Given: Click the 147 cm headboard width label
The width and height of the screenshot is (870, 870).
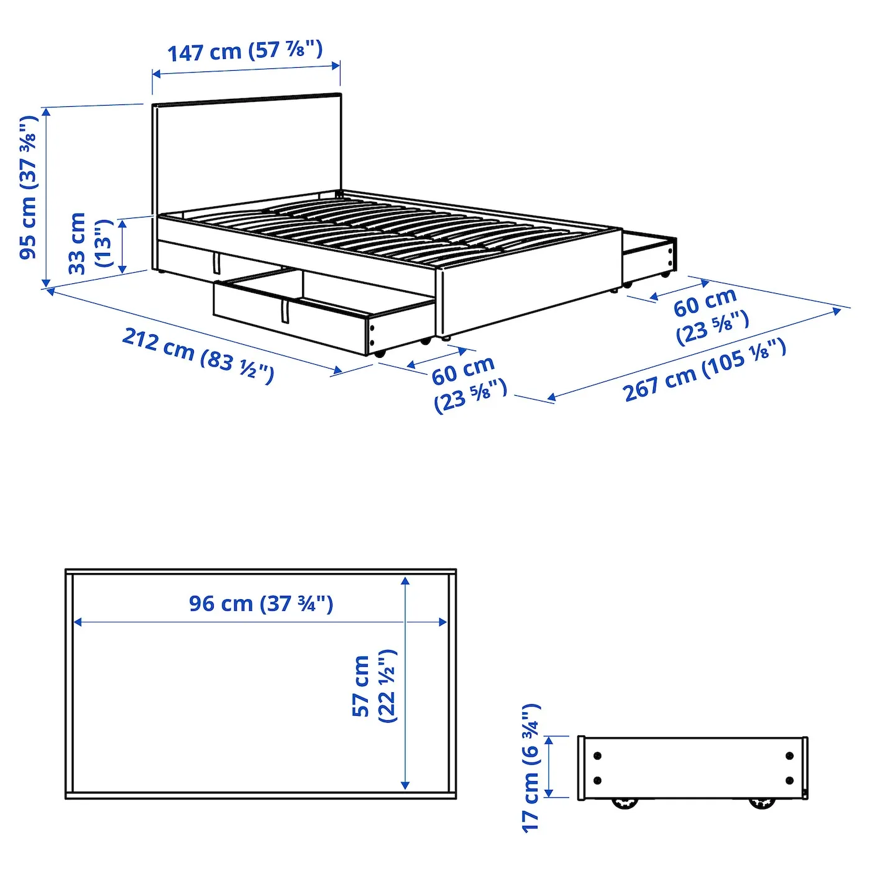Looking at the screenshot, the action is coord(245,51).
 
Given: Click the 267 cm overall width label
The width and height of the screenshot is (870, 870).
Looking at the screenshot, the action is coord(705,370).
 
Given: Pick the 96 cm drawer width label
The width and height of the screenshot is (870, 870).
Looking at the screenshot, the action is coord(260,603).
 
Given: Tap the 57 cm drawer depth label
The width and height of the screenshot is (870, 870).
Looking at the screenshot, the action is coord(374,686).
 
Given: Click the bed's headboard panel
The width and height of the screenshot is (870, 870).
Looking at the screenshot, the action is coord(247,153).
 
